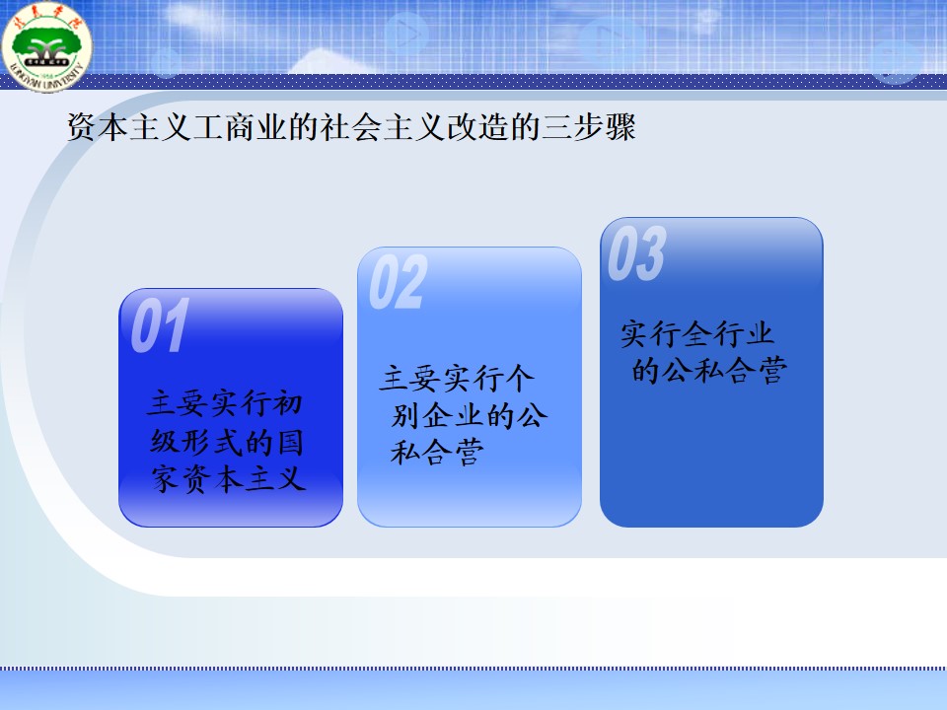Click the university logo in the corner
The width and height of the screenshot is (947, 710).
point(46,46)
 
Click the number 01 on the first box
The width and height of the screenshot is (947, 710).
point(160,325)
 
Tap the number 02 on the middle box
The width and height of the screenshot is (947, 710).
point(398,282)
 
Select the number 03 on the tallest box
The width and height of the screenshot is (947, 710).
point(636,253)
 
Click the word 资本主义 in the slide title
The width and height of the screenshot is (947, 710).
point(129,127)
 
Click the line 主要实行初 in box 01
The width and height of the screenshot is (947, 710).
point(225,402)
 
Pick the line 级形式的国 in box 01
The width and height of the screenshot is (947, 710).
point(227,442)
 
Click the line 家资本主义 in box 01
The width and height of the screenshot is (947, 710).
point(228,479)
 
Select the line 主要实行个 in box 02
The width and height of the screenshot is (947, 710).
point(457,378)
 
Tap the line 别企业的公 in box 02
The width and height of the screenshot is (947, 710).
point(469,415)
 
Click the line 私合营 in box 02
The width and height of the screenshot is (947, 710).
point(437,453)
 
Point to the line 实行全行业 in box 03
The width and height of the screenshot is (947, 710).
point(697,333)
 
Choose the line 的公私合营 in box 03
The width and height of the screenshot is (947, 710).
point(709,370)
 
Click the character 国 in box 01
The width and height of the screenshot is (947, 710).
point(290,442)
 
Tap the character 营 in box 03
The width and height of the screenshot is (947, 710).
point(773,370)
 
